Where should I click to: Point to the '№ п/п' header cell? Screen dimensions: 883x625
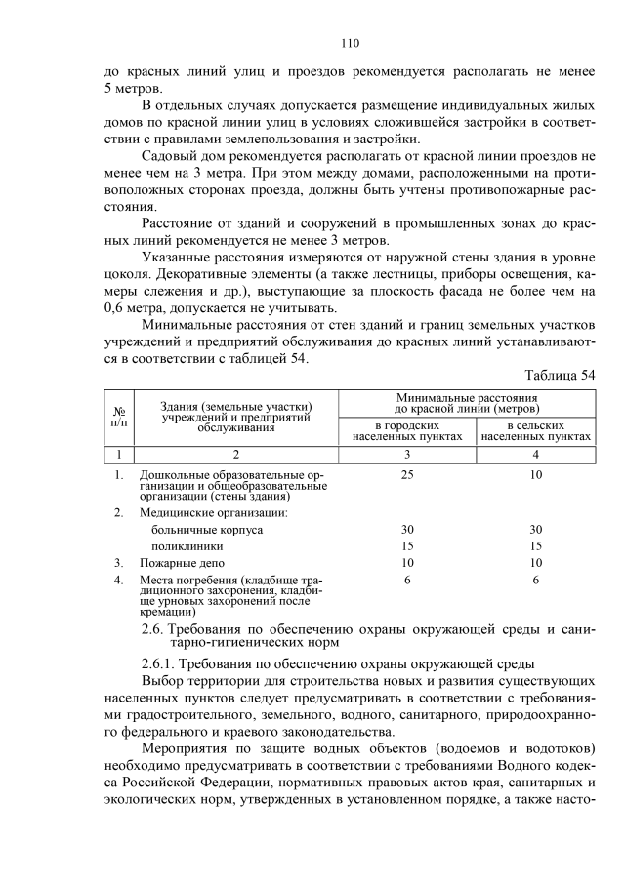click(119, 418)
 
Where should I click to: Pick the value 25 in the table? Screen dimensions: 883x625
click(407, 475)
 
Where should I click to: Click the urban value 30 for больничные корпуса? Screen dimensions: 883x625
click(407, 529)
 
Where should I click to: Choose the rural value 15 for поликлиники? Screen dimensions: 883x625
click(536, 546)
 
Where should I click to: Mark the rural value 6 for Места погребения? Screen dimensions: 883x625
click(536, 581)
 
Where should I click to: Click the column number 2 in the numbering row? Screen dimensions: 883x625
click(235, 455)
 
